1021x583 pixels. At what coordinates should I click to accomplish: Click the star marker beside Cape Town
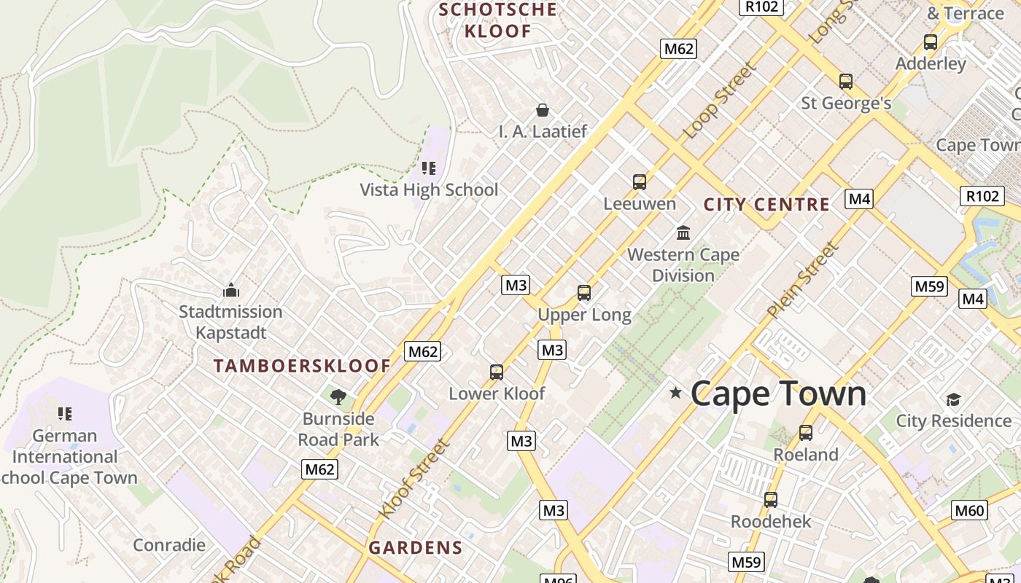(x=675, y=393)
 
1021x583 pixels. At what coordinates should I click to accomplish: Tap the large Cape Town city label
(x=778, y=394)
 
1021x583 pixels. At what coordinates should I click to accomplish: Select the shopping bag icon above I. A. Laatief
(x=543, y=110)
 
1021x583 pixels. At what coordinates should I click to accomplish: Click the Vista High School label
(x=429, y=190)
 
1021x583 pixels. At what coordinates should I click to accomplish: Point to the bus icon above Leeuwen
(x=640, y=181)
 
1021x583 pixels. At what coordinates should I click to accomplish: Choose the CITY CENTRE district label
(x=766, y=205)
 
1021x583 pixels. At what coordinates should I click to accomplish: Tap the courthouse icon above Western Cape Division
(x=683, y=232)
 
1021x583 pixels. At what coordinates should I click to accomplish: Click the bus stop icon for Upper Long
(x=583, y=293)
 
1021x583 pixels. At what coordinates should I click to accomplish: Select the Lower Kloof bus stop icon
(x=497, y=372)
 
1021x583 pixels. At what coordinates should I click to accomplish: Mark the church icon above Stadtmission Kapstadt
(x=231, y=290)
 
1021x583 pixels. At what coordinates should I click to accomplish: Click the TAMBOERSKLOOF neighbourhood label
(x=303, y=366)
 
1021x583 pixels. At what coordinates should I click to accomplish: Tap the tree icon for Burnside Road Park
(x=338, y=396)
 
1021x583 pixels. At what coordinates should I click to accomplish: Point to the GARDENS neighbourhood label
(x=416, y=547)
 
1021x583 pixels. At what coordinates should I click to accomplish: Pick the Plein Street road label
(x=802, y=280)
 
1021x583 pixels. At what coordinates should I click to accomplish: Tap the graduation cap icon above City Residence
(x=953, y=399)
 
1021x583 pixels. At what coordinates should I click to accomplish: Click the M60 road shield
(x=970, y=510)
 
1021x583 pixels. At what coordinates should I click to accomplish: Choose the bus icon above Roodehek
(x=771, y=500)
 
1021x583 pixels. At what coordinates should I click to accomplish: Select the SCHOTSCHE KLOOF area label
(x=499, y=20)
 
